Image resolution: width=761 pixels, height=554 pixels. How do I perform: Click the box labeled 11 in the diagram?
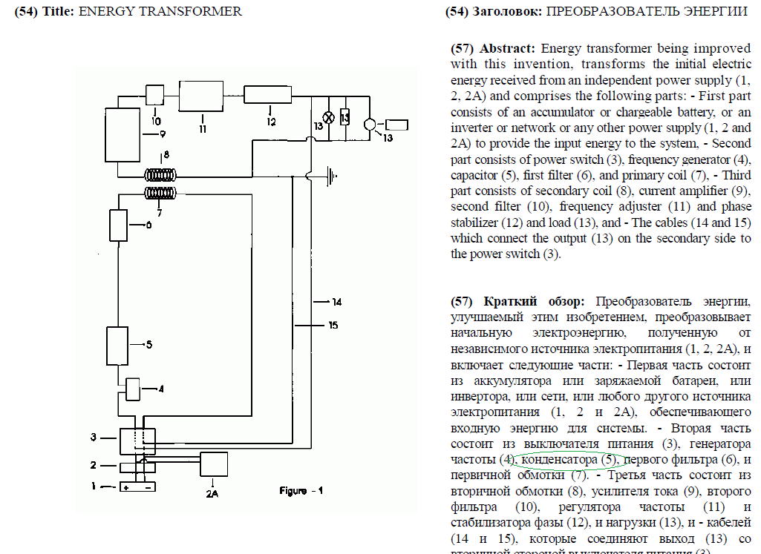(x=203, y=97)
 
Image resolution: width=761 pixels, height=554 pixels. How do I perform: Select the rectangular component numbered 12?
(x=269, y=95)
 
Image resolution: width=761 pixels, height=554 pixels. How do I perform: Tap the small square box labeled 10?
(x=155, y=95)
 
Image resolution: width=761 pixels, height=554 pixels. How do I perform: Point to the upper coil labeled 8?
(x=161, y=177)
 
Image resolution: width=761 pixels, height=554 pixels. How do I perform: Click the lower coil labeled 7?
(x=161, y=193)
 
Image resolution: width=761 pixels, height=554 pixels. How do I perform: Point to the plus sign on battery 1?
(x=126, y=487)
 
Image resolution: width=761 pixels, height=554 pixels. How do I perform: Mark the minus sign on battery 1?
(x=148, y=487)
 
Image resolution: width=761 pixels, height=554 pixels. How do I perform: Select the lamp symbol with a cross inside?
(x=324, y=117)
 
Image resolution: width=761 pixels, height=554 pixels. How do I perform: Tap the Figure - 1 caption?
(x=301, y=490)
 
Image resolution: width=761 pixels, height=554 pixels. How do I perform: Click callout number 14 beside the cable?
(x=336, y=302)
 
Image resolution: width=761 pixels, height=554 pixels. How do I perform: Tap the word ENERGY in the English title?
(x=103, y=11)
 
